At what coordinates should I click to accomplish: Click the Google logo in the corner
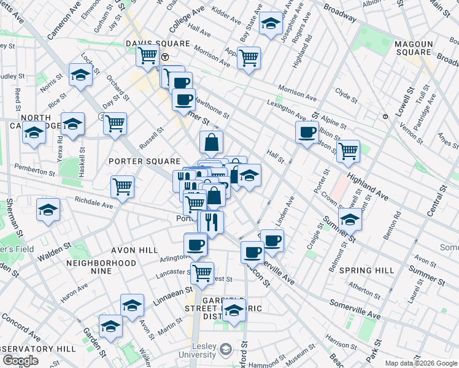coord(20,361)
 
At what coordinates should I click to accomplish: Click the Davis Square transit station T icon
coord(165,57)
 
